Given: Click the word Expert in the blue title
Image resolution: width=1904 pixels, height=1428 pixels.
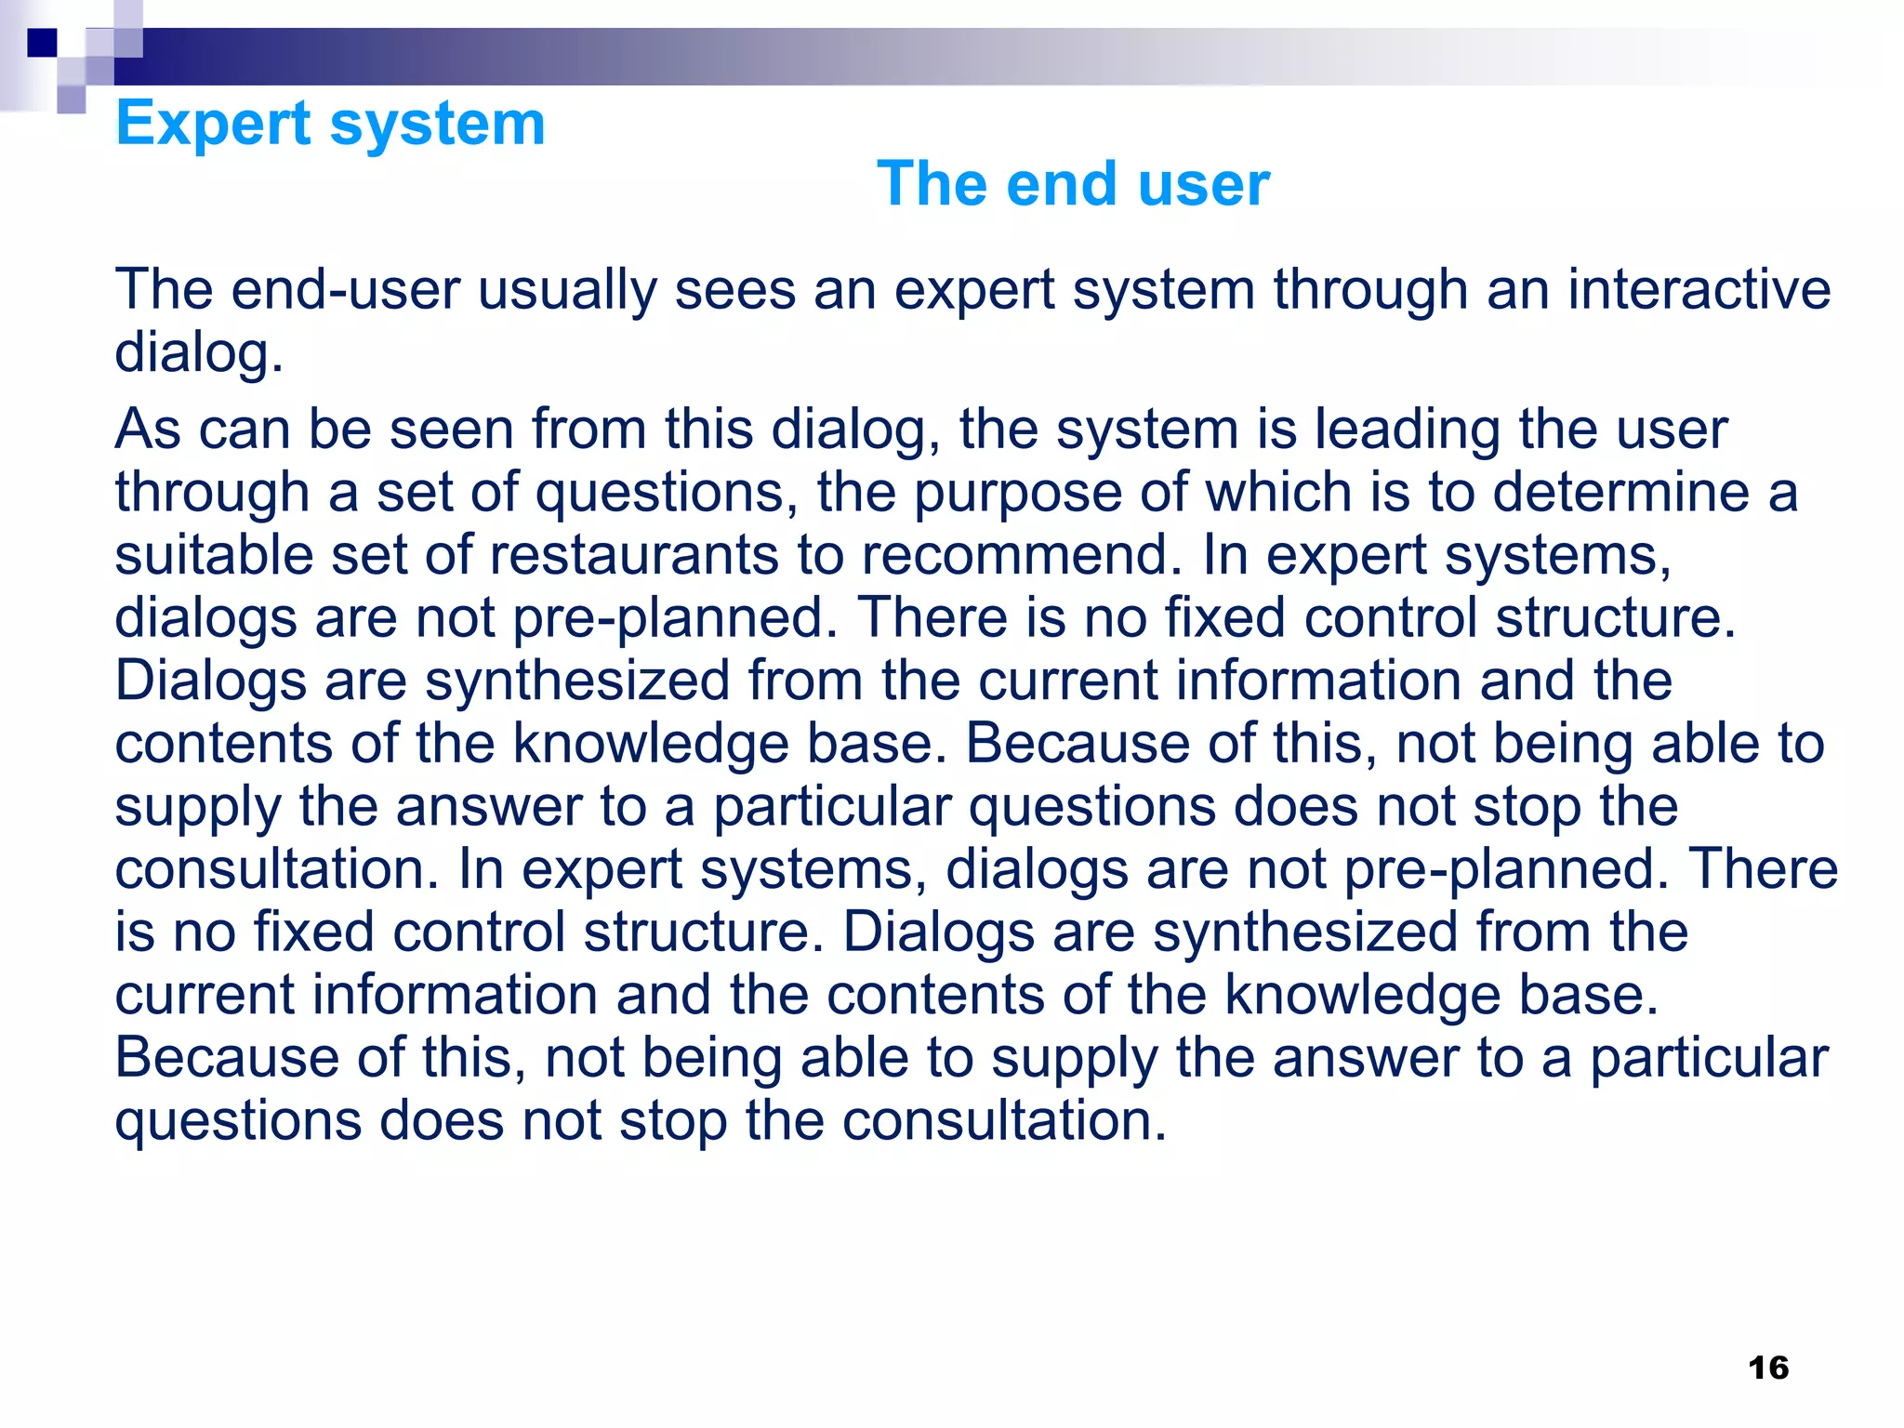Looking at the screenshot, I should [x=213, y=124].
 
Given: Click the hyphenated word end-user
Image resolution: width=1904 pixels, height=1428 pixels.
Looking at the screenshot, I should [x=345, y=289].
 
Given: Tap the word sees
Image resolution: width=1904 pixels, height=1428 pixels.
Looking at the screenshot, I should [x=735, y=289].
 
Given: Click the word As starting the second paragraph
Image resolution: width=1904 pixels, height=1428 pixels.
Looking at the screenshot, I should [x=148, y=430].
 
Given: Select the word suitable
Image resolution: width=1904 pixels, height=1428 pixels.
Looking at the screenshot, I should [x=214, y=555].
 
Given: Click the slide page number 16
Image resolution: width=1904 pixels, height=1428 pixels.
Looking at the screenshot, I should [x=1767, y=1368].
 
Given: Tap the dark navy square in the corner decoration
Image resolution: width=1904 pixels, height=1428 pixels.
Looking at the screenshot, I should [x=42, y=43].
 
